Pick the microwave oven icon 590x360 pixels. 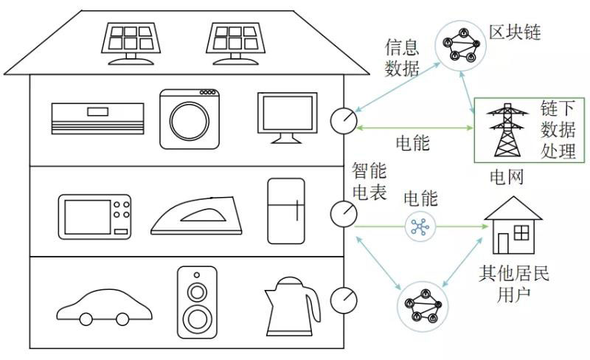click(x=94, y=216)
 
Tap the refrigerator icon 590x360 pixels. click(x=286, y=210)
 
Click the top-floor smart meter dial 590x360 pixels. click(x=344, y=120)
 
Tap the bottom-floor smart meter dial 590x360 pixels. click(x=344, y=300)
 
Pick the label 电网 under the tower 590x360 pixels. click(x=507, y=177)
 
